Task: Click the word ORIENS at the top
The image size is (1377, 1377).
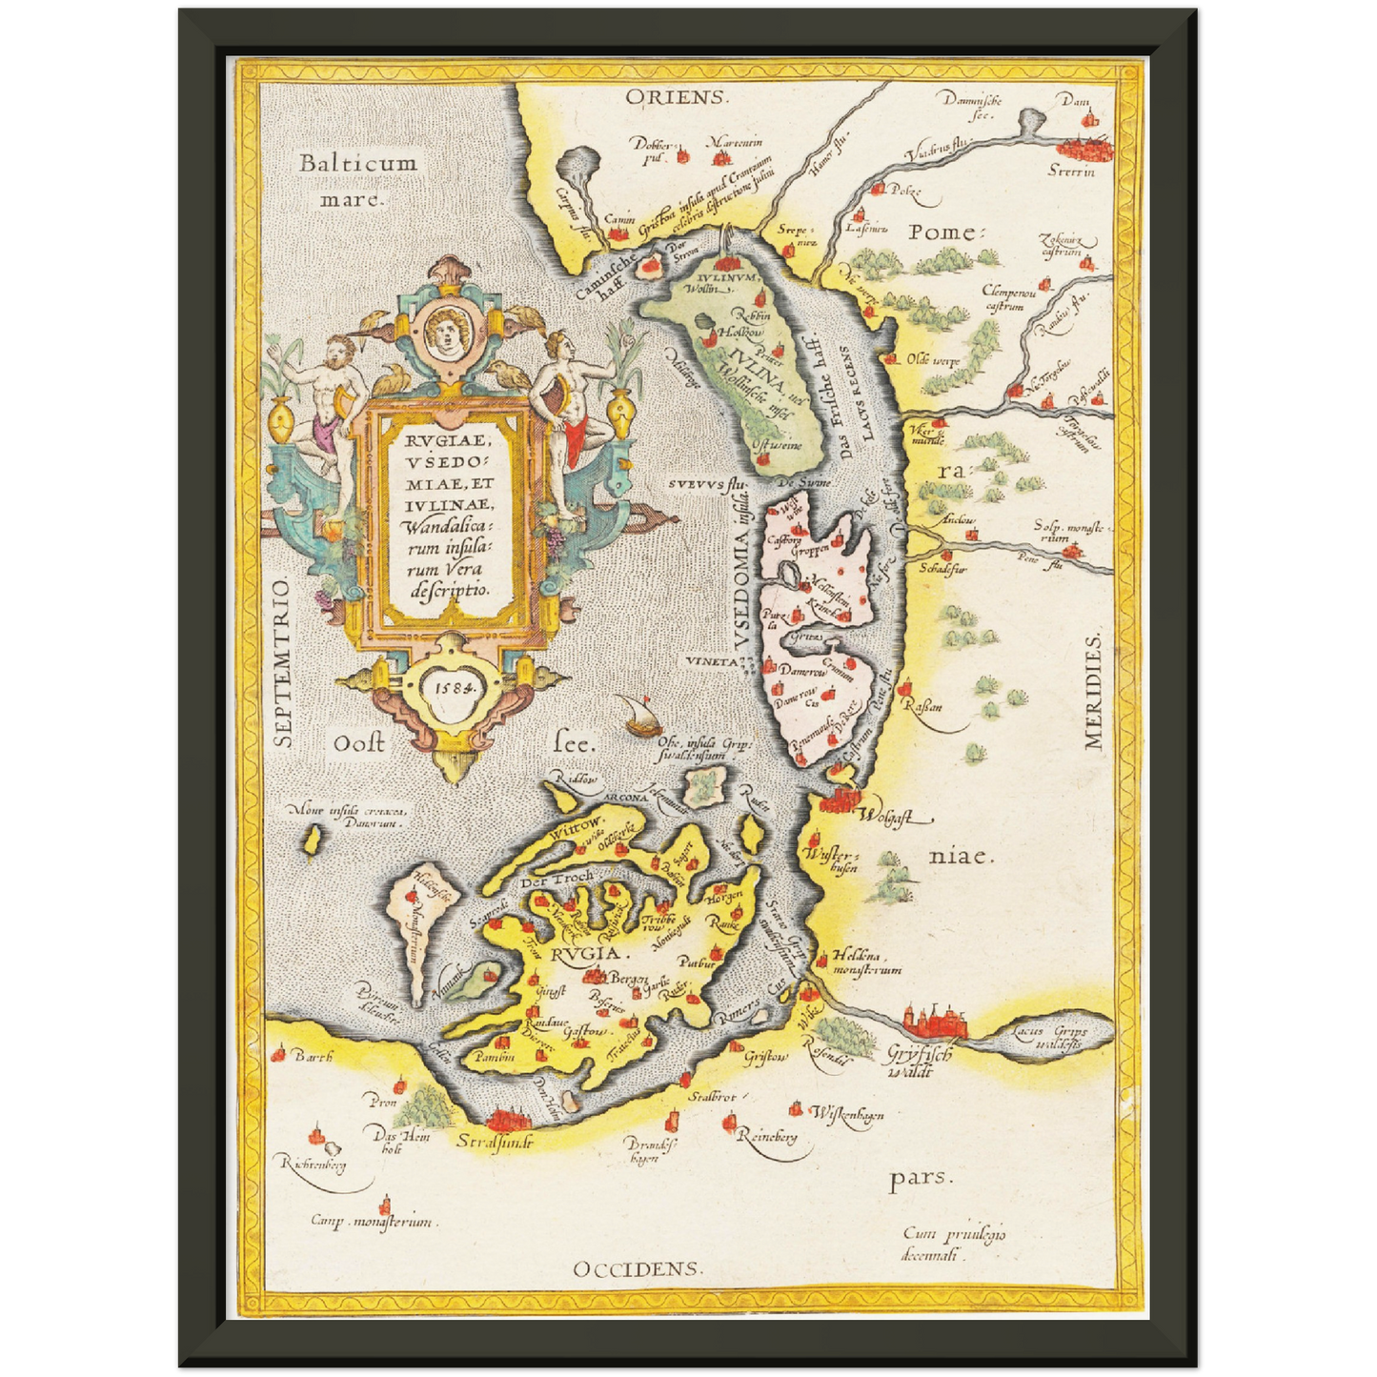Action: tap(677, 97)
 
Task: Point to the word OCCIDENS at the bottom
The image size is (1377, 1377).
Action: tap(638, 1268)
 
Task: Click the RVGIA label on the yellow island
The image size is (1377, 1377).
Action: tap(585, 953)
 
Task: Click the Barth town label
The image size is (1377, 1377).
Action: tap(313, 1057)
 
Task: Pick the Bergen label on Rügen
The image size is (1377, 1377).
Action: tap(629, 980)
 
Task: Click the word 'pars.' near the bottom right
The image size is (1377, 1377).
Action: tap(920, 1178)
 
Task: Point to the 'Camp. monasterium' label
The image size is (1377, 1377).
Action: tap(372, 1221)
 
